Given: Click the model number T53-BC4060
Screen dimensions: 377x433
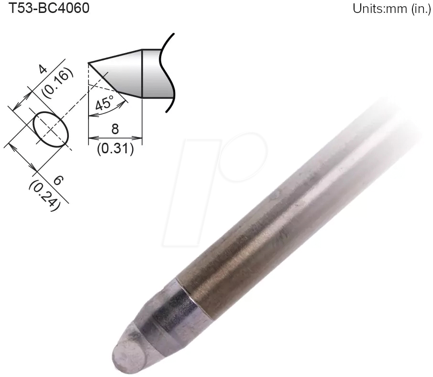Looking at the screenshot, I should [46, 9].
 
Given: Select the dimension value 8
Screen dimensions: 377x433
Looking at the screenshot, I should [115, 130].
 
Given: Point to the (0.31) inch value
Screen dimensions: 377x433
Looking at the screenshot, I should [115, 149].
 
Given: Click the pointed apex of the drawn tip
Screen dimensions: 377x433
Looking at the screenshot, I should [89, 63].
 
